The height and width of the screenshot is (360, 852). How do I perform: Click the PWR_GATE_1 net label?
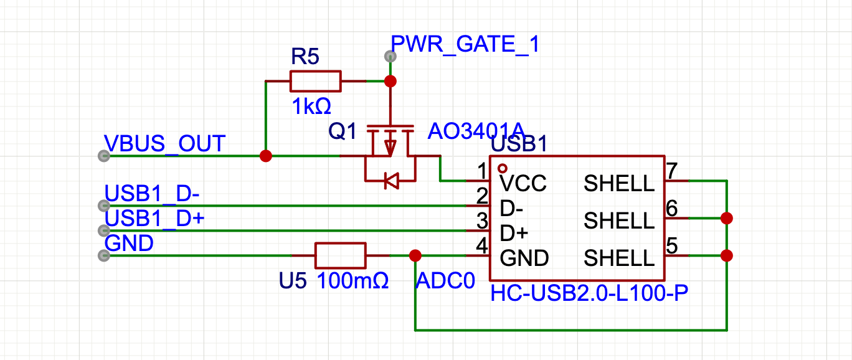pos(465,45)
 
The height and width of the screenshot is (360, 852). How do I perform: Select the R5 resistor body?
pos(315,81)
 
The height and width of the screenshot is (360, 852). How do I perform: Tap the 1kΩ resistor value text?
pos(311,107)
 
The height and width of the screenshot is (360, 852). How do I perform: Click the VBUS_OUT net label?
pos(164,144)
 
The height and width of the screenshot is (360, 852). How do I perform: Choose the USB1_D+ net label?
pos(155,219)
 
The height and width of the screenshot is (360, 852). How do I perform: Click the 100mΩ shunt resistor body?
pos(340,255)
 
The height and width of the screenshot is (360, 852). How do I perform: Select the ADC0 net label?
pos(440,280)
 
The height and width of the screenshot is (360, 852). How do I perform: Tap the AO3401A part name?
pos(476,131)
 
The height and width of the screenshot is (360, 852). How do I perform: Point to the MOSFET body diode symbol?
pos(391,181)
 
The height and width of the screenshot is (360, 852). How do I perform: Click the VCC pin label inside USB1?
pos(523,183)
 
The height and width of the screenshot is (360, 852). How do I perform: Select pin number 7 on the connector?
pos(671,170)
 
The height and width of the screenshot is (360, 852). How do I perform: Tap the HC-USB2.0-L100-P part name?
pos(589,293)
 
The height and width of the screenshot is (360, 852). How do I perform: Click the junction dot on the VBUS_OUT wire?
pos(266,156)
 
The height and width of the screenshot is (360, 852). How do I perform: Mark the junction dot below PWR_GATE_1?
pos(391,81)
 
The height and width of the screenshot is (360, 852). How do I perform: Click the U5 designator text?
pos(293,281)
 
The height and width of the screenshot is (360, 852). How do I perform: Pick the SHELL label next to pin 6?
pos(619,220)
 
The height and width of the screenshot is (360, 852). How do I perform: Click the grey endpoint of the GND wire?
pos(102,255)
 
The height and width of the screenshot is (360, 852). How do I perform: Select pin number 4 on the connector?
pos(481,245)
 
